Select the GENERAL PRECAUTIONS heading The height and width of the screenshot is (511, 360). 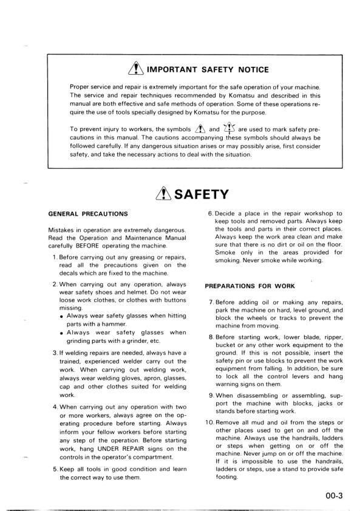point(88,214)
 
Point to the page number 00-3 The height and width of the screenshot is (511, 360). point(333,495)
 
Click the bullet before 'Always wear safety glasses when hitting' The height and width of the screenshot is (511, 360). point(63,316)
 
